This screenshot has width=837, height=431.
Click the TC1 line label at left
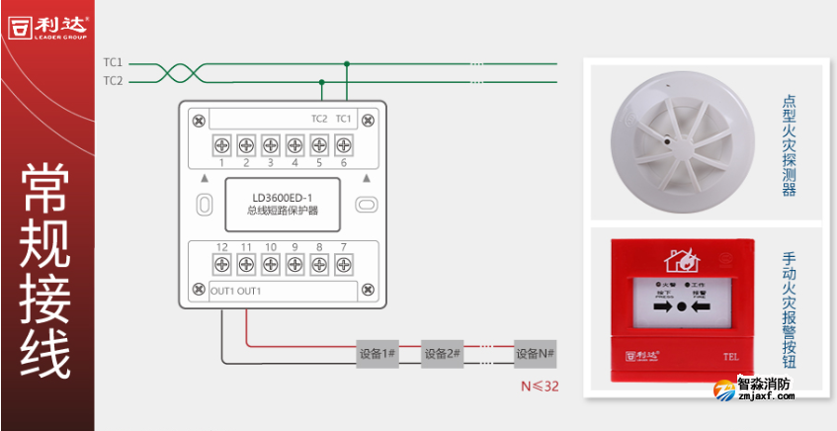click(x=113, y=62)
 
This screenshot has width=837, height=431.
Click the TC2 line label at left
click(x=113, y=80)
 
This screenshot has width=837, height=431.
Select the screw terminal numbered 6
click(x=343, y=144)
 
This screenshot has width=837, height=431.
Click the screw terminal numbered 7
click(x=343, y=264)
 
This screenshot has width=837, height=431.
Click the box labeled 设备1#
click(x=377, y=353)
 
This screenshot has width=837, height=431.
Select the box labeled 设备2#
click(x=442, y=353)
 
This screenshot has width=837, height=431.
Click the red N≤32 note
click(x=539, y=385)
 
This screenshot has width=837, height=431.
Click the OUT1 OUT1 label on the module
click(x=236, y=292)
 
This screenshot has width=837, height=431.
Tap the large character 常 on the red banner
click(x=46, y=196)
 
